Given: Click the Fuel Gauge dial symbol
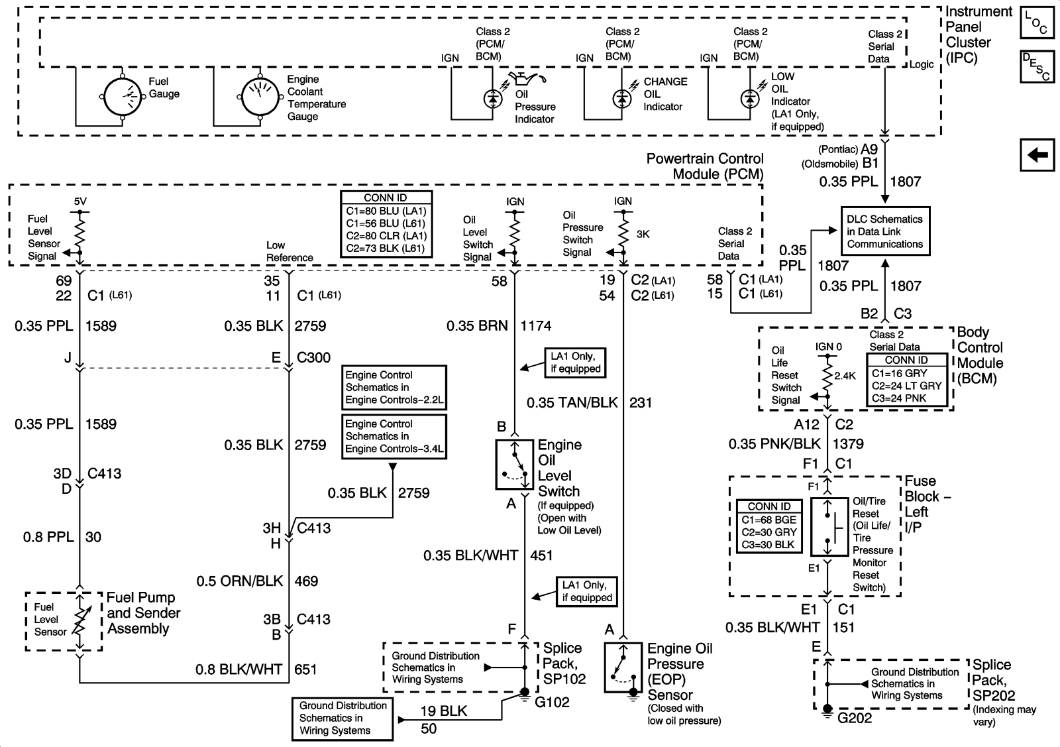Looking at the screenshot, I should (123, 97).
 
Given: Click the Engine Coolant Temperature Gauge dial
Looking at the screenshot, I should (260, 97).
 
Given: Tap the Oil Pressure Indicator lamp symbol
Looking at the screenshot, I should (492, 98).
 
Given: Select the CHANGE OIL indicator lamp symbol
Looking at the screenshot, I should (621, 98).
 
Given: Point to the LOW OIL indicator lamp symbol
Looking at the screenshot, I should (749, 98).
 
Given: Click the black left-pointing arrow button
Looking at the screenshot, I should (1037, 155).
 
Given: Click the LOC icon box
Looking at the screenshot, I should (1036, 24).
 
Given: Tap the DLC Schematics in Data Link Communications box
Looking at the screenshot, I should (884, 231).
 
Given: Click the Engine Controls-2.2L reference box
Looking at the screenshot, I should (394, 388).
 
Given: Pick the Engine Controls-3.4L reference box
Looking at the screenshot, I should (394, 436).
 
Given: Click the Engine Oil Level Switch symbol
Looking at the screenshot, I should (515, 465).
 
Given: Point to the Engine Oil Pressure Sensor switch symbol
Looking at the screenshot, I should (623, 667).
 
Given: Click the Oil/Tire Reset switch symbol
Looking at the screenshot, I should (829, 527).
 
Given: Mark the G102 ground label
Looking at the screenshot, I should (552, 703).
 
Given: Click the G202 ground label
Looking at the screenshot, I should (855, 718).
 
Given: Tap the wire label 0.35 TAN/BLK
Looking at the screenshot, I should (572, 402).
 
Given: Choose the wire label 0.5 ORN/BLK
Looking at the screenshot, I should (239, 581).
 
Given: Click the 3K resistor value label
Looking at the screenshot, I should (643, 234).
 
